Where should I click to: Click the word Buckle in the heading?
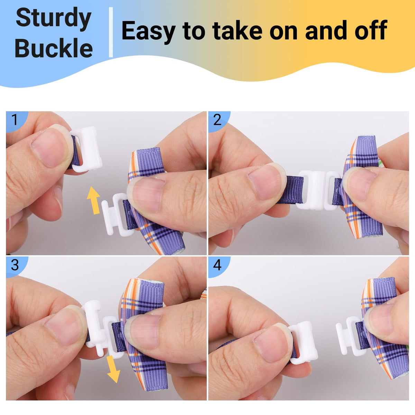tap(54, 48)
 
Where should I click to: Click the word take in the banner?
tap(237, 30)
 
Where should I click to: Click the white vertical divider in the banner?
tap(111, 32)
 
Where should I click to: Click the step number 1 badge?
tap(15, 120)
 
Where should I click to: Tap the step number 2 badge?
tap(218, 120)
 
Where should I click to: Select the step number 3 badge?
tap(15, 265)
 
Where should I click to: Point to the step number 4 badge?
tap(218, 265)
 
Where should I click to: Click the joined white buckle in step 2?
tap(318, 190)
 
